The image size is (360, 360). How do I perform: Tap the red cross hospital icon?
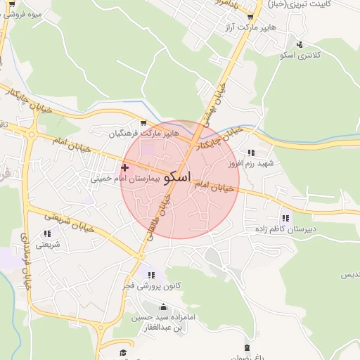pyautogui.click(x=124, y=167)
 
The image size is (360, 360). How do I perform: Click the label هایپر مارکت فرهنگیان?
pyautogui.click(x=144, y=133)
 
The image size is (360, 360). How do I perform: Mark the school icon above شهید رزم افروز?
pyautogui.click(x=250, y=152)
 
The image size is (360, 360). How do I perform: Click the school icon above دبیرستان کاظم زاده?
pyautogui.click(x=285, y=218)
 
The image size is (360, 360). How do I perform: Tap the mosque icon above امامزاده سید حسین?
pyautogui.click(x=164, y=307)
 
